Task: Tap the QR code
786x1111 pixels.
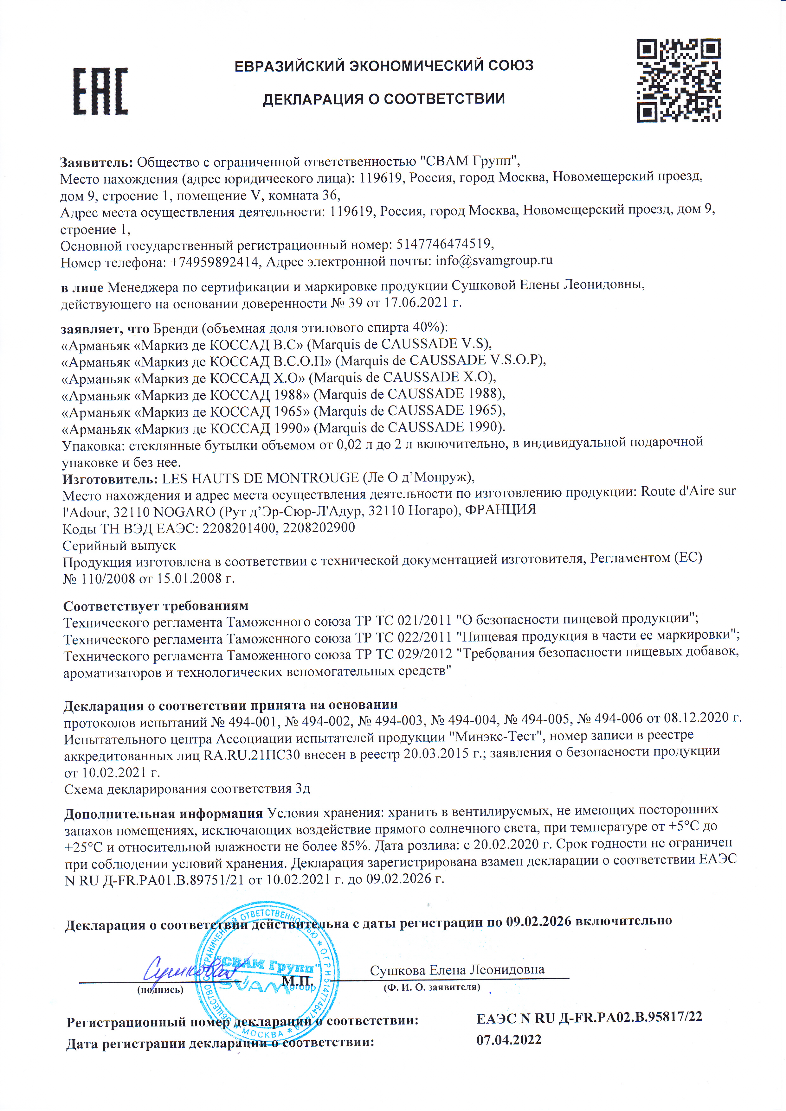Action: (x=678, y=80)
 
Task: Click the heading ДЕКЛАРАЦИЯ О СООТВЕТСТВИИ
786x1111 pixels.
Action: (x=384, y=99)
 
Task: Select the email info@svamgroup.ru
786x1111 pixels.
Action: (x=494, y=260)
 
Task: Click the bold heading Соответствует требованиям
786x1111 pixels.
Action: (x=156, y=606)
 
